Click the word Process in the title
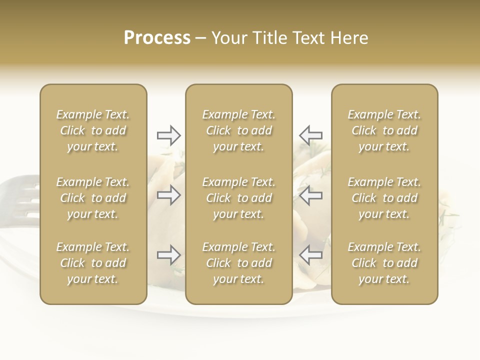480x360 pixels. [157, 38]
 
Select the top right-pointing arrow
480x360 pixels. [168, 135]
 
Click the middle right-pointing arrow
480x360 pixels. [168, 195]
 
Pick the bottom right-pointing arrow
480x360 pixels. [168, 255]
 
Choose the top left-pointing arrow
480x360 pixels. [310, 135]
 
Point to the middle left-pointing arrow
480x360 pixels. [310, 195]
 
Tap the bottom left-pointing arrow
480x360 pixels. [310, 255]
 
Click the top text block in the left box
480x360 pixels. [93, 130]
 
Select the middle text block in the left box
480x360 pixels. [93, 198]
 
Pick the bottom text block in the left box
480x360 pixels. [93, 263]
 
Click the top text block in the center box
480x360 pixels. [239, 130]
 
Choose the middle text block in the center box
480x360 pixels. [239, 198]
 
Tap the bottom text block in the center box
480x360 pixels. [239, 263]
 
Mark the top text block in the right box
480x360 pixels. [384, 130]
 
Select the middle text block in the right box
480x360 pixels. [384, 198]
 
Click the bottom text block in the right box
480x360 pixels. [384, 263]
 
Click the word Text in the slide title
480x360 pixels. [307, 38]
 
